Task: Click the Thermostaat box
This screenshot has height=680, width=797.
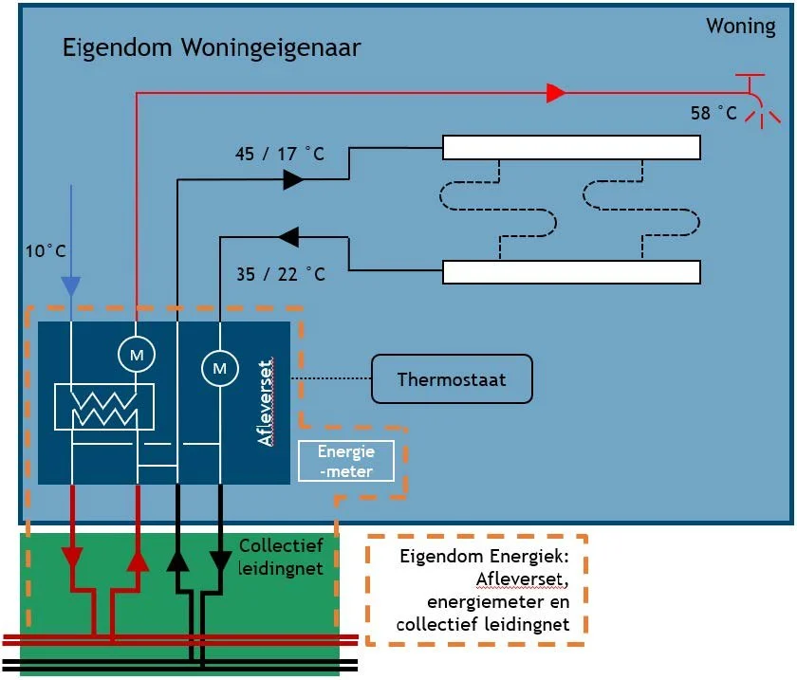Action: pos(452,379)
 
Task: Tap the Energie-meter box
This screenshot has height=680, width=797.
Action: pos(346,461)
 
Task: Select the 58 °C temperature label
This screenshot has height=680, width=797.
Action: pos(714,113)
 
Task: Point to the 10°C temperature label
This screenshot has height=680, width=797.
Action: pos(46,251)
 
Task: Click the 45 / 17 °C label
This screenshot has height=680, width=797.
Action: pos(280,154)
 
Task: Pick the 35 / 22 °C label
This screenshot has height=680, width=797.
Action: pos(280,275)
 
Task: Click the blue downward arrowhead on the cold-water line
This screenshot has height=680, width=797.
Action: pos(70,285)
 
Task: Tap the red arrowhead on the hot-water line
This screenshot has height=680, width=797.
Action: pos(555,93)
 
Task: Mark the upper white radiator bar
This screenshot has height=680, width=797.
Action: pos(571,148)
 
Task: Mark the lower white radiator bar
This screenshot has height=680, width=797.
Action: pos(571,272)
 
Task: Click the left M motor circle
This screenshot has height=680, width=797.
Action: pos(136,354)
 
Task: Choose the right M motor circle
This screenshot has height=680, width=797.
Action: pos(220,366)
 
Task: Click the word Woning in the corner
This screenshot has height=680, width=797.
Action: pos(740,26)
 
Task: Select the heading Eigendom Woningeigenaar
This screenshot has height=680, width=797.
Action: pos(211,47)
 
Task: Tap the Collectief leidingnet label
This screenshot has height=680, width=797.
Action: pos(282,557)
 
